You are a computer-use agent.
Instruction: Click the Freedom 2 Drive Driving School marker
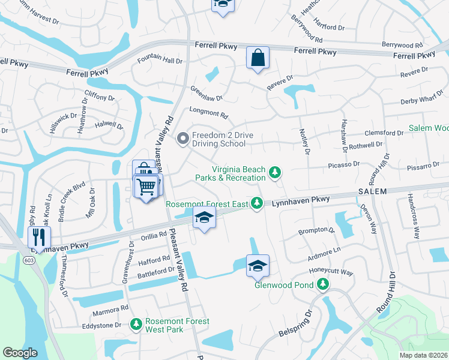(183, 139)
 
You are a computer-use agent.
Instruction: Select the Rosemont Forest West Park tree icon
(136, 325)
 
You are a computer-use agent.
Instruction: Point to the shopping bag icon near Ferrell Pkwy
(258, 58)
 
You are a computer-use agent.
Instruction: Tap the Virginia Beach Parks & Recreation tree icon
(275, 173)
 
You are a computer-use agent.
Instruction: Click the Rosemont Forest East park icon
(257, 204)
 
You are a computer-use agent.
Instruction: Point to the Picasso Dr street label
(343, 164)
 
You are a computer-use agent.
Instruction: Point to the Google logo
(20, 353)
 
